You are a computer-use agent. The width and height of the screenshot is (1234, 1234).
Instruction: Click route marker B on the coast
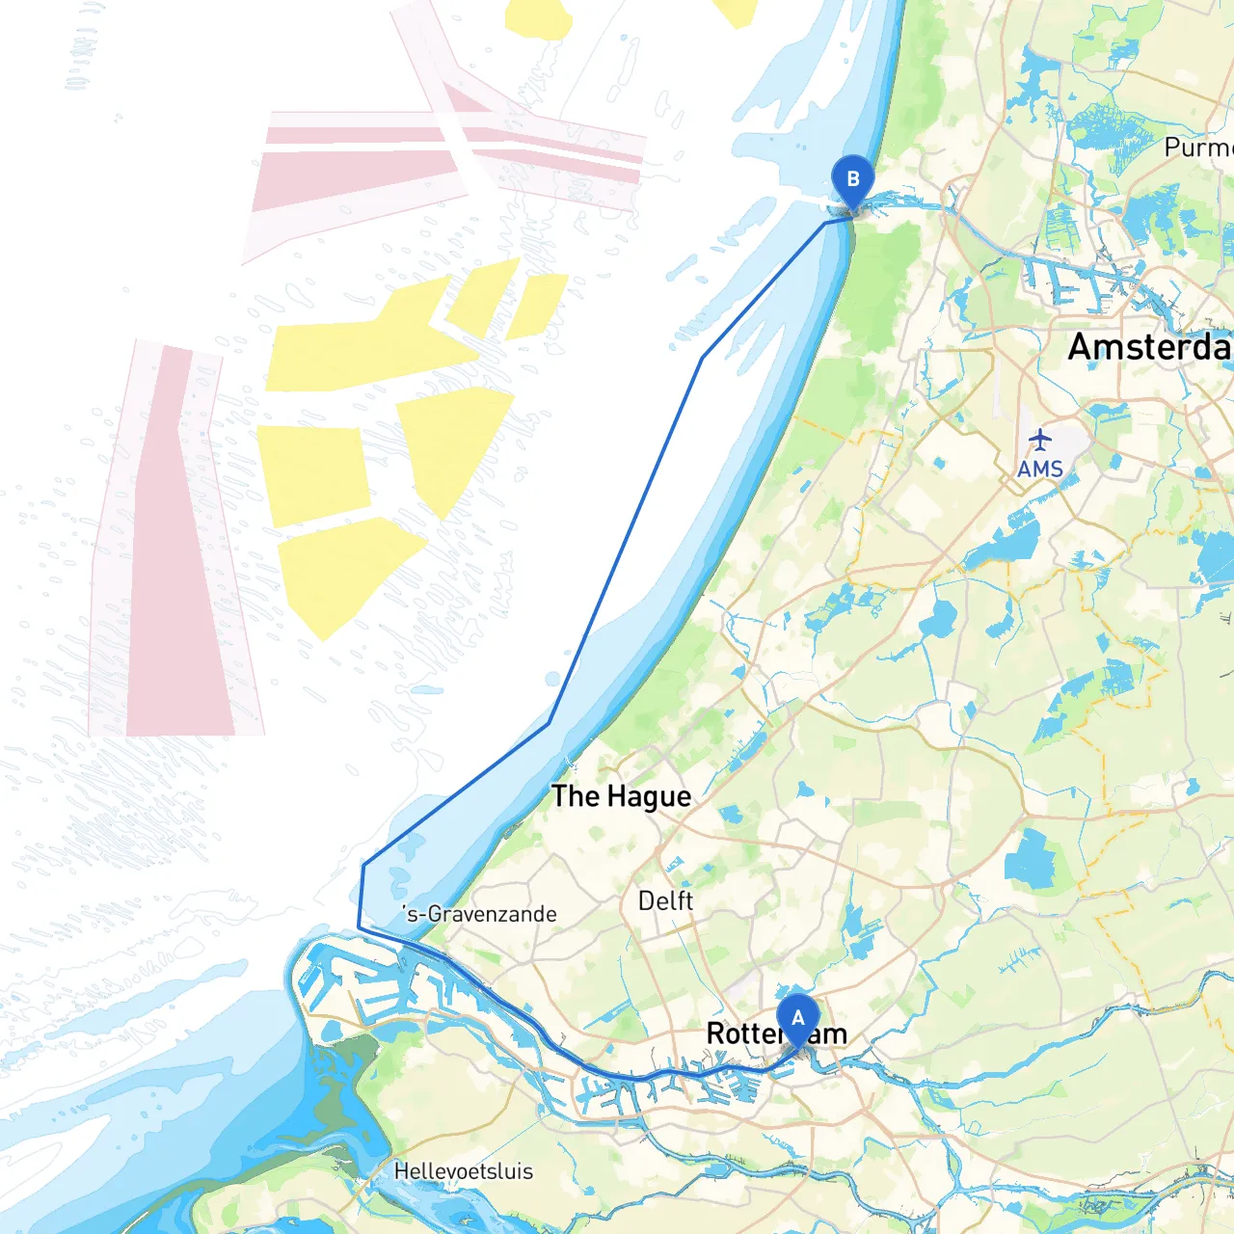coord(852,180)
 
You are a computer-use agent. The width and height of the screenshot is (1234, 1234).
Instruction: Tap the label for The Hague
coord(621,796)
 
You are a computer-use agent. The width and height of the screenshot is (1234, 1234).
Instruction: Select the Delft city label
coord(665,900)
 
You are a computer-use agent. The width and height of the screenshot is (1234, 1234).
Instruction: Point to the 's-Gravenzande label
coord(480,914)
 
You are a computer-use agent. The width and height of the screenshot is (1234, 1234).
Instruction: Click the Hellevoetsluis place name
coord(463,1171)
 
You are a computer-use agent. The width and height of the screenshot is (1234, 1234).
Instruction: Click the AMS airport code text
coord(1039,469)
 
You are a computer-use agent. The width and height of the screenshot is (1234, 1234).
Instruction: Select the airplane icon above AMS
coord(1039,440)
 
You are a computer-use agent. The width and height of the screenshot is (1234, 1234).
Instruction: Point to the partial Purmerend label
coord(1197,148)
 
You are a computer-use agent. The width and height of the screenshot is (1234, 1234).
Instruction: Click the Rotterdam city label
coord(776,1033)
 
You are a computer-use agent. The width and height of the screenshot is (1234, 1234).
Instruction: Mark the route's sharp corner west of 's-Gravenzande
coord(359,926)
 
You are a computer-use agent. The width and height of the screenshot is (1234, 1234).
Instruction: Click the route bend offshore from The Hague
coord(549,723)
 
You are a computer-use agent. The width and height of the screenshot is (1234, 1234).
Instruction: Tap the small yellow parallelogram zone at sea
coord(536,305)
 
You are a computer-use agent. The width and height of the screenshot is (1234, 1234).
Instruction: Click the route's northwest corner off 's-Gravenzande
coord(363,865)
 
